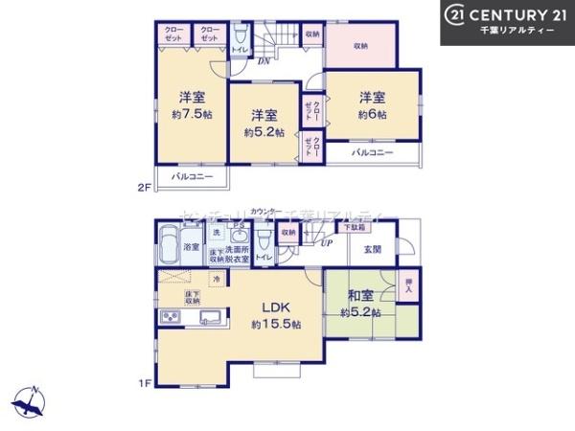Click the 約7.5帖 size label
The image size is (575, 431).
pyautogui.click(x=193, y=114)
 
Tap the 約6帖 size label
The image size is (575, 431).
pyautogui.click(x=374, y=114)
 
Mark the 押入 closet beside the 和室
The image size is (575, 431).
pyautogui.click(x=408, y=284)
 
